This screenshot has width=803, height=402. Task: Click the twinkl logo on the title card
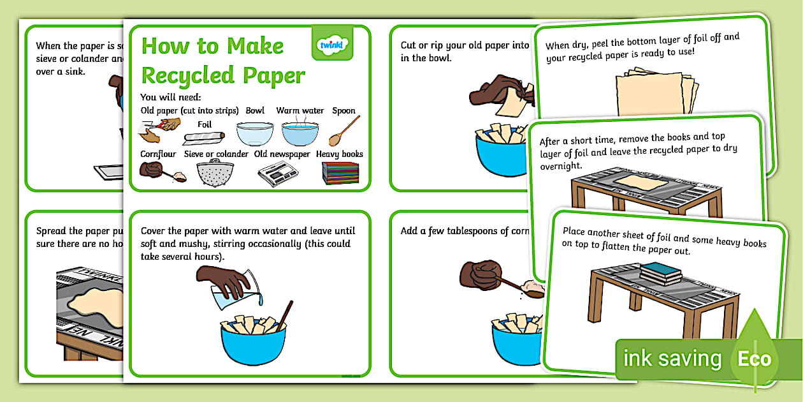[332, 43]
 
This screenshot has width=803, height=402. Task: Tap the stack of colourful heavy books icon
[340, 172]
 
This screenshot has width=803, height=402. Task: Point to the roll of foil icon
[204, 136]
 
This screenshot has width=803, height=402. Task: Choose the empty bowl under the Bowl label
[255, 133]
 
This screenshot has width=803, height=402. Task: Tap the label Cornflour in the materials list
[158, 154]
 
